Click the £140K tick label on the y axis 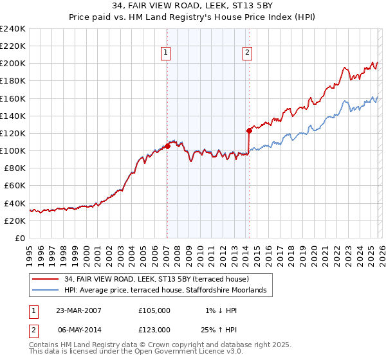(13, 116)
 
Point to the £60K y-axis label (15, 186)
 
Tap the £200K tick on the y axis (13, 64)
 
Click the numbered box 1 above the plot (166, 53)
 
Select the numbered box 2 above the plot (248, 53)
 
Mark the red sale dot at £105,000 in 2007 (167, 146)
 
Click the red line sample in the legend (46, 279)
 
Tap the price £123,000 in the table (154, 329)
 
